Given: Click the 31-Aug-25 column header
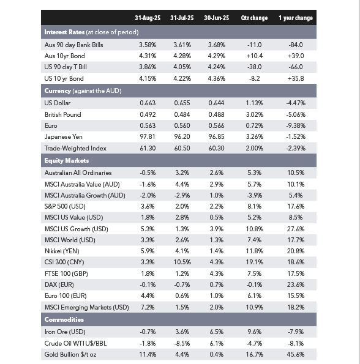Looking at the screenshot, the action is (148, 18).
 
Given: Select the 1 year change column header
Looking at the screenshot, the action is (296, 18).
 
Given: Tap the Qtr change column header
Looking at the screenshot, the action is (254, 18).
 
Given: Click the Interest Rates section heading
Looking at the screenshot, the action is (64, 32).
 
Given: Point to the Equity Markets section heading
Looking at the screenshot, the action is (66, 160).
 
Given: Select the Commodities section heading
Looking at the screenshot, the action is (64, 319).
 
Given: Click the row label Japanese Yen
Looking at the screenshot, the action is (64, 137).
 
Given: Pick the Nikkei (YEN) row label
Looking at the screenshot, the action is (62, 251).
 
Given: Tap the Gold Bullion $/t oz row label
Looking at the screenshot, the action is (70, 354).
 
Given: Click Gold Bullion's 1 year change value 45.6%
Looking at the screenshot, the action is (296, 354).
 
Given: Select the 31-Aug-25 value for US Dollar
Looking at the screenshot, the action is (148, 103).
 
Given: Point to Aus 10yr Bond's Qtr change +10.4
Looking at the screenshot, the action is (254, 56).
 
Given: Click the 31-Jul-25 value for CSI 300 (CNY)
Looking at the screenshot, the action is (182, 262).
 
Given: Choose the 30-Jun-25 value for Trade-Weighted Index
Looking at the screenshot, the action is (216, 148).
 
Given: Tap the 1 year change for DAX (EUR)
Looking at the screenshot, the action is (296, 284).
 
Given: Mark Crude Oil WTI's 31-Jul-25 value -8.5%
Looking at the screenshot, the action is (182, 343).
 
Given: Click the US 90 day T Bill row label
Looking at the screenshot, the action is (66, 67).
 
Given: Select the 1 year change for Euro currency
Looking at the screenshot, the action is (296, 125).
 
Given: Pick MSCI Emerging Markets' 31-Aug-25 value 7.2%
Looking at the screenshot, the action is (148, 307).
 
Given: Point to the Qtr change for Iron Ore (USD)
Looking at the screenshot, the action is (254, 332).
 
